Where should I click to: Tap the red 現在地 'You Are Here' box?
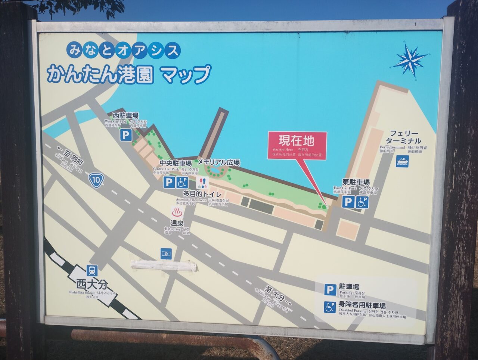click(297, 146)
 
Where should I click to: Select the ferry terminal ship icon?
click(403, 161)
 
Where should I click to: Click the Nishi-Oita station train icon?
click(91, 270)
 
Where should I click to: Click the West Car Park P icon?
click(126, 135)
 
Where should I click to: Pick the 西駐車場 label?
click(125, 115)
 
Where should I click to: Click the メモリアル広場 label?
click(218, 162)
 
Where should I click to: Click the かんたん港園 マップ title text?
click(128, 74)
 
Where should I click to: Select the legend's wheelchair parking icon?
click(330, 307)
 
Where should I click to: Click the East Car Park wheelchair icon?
click(362, 202)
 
